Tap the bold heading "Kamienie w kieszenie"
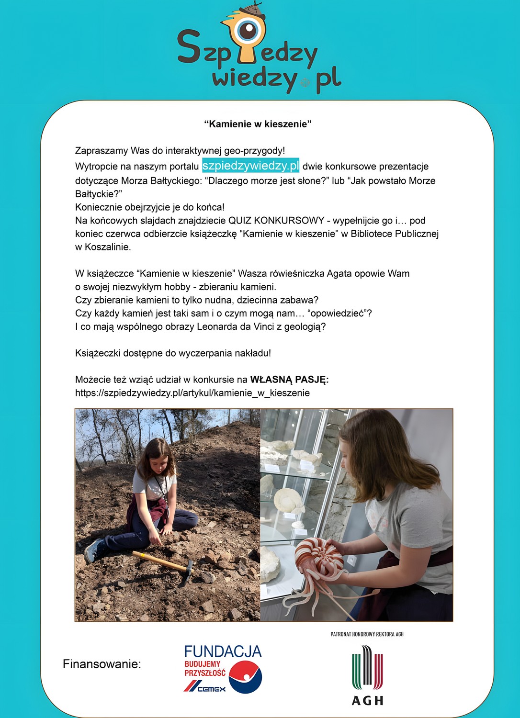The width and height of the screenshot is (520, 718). tap(258, 124)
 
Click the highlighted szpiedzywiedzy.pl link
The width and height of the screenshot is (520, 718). tap(250, 166)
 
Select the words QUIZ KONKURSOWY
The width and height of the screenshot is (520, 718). tap(276, 221)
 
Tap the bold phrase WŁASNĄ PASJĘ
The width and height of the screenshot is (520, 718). tap(289, 380)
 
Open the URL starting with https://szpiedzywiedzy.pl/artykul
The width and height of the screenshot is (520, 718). tap(192, 393)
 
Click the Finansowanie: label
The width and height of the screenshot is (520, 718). tap(102, 664)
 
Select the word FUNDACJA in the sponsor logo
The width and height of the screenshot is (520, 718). tap(223, 651)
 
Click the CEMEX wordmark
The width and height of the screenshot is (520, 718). tap(211, 689)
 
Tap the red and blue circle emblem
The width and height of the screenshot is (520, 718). tap(245, 677)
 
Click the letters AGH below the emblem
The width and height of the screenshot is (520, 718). tap(367, 700)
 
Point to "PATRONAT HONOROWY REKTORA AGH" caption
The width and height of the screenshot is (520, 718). tap(367, 634)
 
